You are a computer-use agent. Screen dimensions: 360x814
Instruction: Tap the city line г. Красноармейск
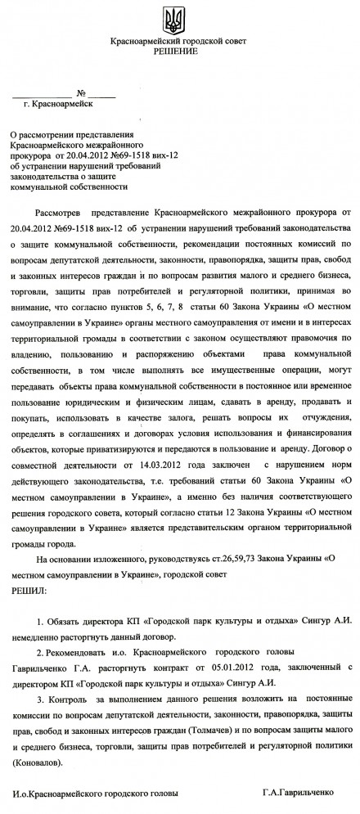click(59, 105)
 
